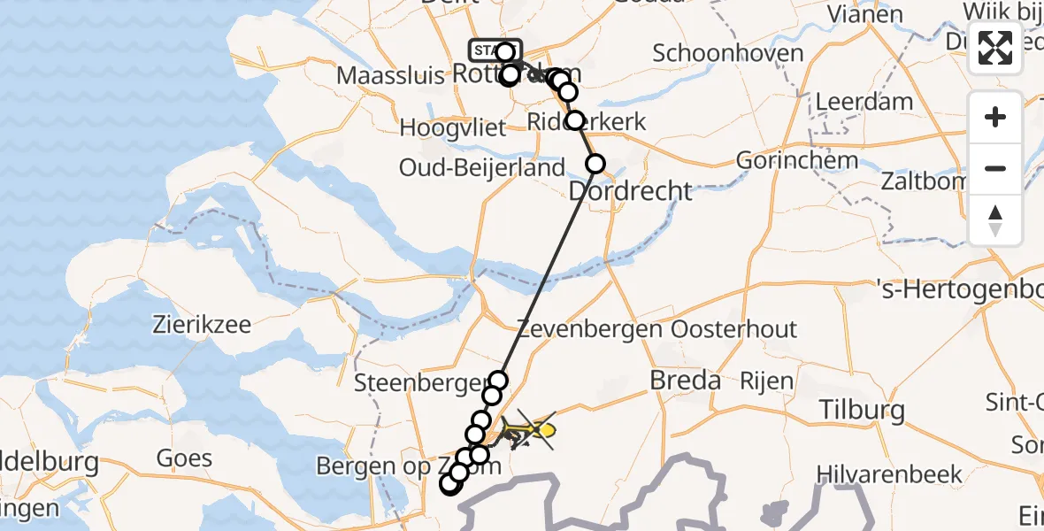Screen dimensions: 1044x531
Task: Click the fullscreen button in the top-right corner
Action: click(995, 48)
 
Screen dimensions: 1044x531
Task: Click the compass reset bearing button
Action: click(995, 220)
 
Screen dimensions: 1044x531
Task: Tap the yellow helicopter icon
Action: click(531, 431)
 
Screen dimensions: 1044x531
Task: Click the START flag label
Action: click(487, 50)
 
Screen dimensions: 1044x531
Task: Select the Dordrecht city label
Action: click(630, 190)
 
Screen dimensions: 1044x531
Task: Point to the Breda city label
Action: click(685, 381)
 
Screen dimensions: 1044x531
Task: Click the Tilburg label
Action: click(862, 410)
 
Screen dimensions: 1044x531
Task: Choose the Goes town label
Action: click(184, 458)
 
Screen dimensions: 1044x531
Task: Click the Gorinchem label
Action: click(797, 161)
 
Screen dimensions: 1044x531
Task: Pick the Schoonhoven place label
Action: click(722, 52)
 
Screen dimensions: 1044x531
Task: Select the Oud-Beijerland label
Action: click(482, 167)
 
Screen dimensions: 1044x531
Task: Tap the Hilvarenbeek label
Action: click(889, 474)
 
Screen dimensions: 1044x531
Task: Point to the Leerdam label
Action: click(864, 101)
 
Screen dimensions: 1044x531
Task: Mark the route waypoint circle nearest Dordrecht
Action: click(595, 163)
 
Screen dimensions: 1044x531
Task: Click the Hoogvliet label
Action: click(452, 127)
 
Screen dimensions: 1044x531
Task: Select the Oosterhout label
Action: click(734, 330)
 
